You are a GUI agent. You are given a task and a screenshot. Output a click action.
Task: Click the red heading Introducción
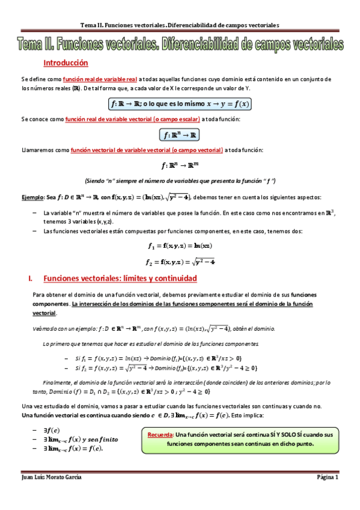click(66, 63)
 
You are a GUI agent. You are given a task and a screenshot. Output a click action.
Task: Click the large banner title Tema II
click(180, 45)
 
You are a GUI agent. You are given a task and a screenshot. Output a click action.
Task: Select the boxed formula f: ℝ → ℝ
click(180, 103)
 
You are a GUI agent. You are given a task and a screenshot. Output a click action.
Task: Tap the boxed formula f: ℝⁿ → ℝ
click(180, 134)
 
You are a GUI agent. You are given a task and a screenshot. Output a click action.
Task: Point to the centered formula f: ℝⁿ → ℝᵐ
click(180, 165)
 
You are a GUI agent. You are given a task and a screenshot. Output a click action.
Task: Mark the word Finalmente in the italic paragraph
click(60, 382)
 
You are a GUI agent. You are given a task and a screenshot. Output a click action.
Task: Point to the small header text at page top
click(180, 25)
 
